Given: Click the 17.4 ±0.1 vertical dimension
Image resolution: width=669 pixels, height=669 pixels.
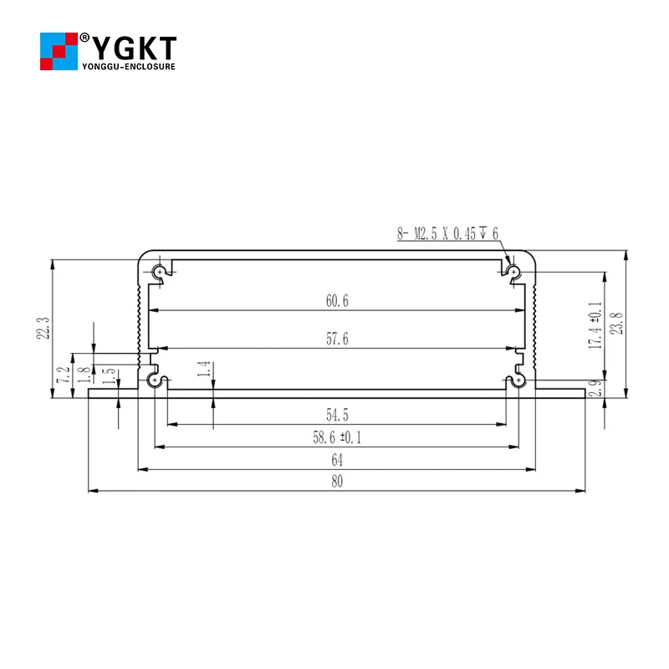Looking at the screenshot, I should pyautogui.click(x=595, y=325).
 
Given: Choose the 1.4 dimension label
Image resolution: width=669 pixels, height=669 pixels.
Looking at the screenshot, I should pyautogui.click(x=202, y=370).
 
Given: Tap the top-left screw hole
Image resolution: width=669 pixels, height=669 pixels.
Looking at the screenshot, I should pyautogui.click(x=160, y=271).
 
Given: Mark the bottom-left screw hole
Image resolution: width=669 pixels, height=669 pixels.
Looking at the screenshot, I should pyautogui.click(x=154, y=380).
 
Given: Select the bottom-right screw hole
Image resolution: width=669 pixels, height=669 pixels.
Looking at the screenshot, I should pyautogui.click(x=518, y=380).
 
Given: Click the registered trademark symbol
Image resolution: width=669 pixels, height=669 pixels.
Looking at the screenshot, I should pyautogui.click(x=84, y=38).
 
